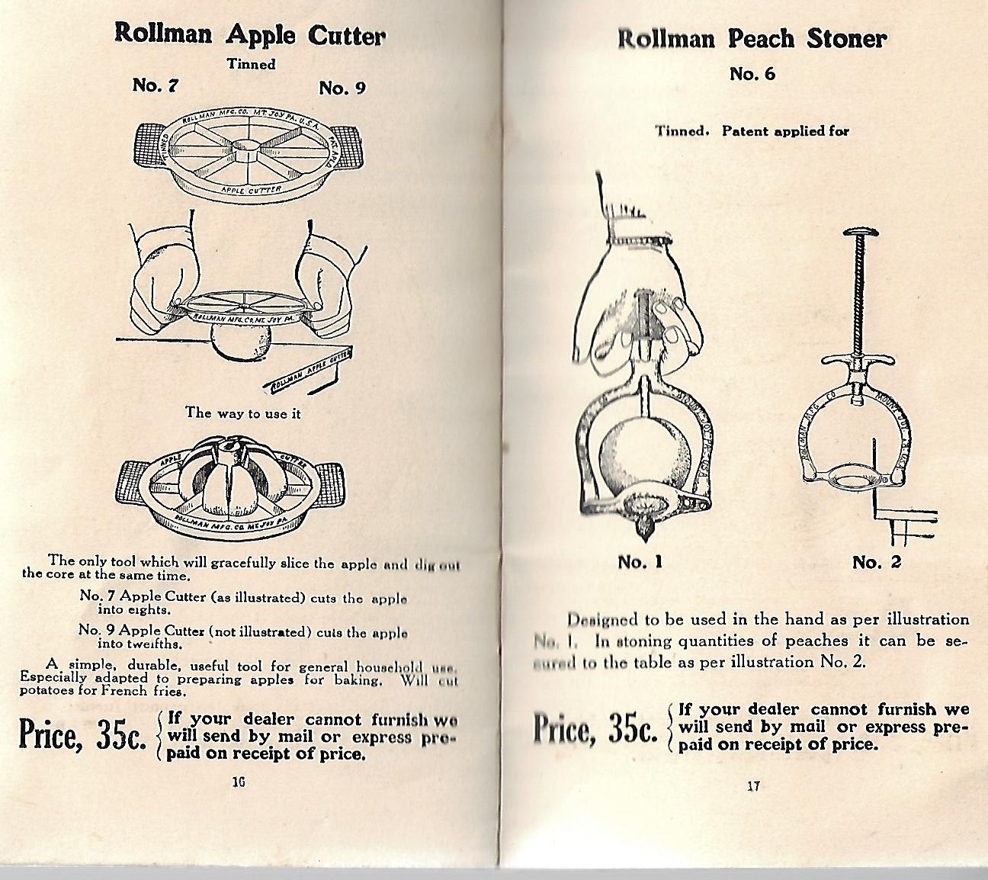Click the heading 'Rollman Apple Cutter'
249,34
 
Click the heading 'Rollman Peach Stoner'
751,39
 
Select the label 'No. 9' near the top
342,88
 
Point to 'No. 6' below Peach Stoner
752,74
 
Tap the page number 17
753,786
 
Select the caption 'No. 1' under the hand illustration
640,562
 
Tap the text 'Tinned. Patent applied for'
752,131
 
